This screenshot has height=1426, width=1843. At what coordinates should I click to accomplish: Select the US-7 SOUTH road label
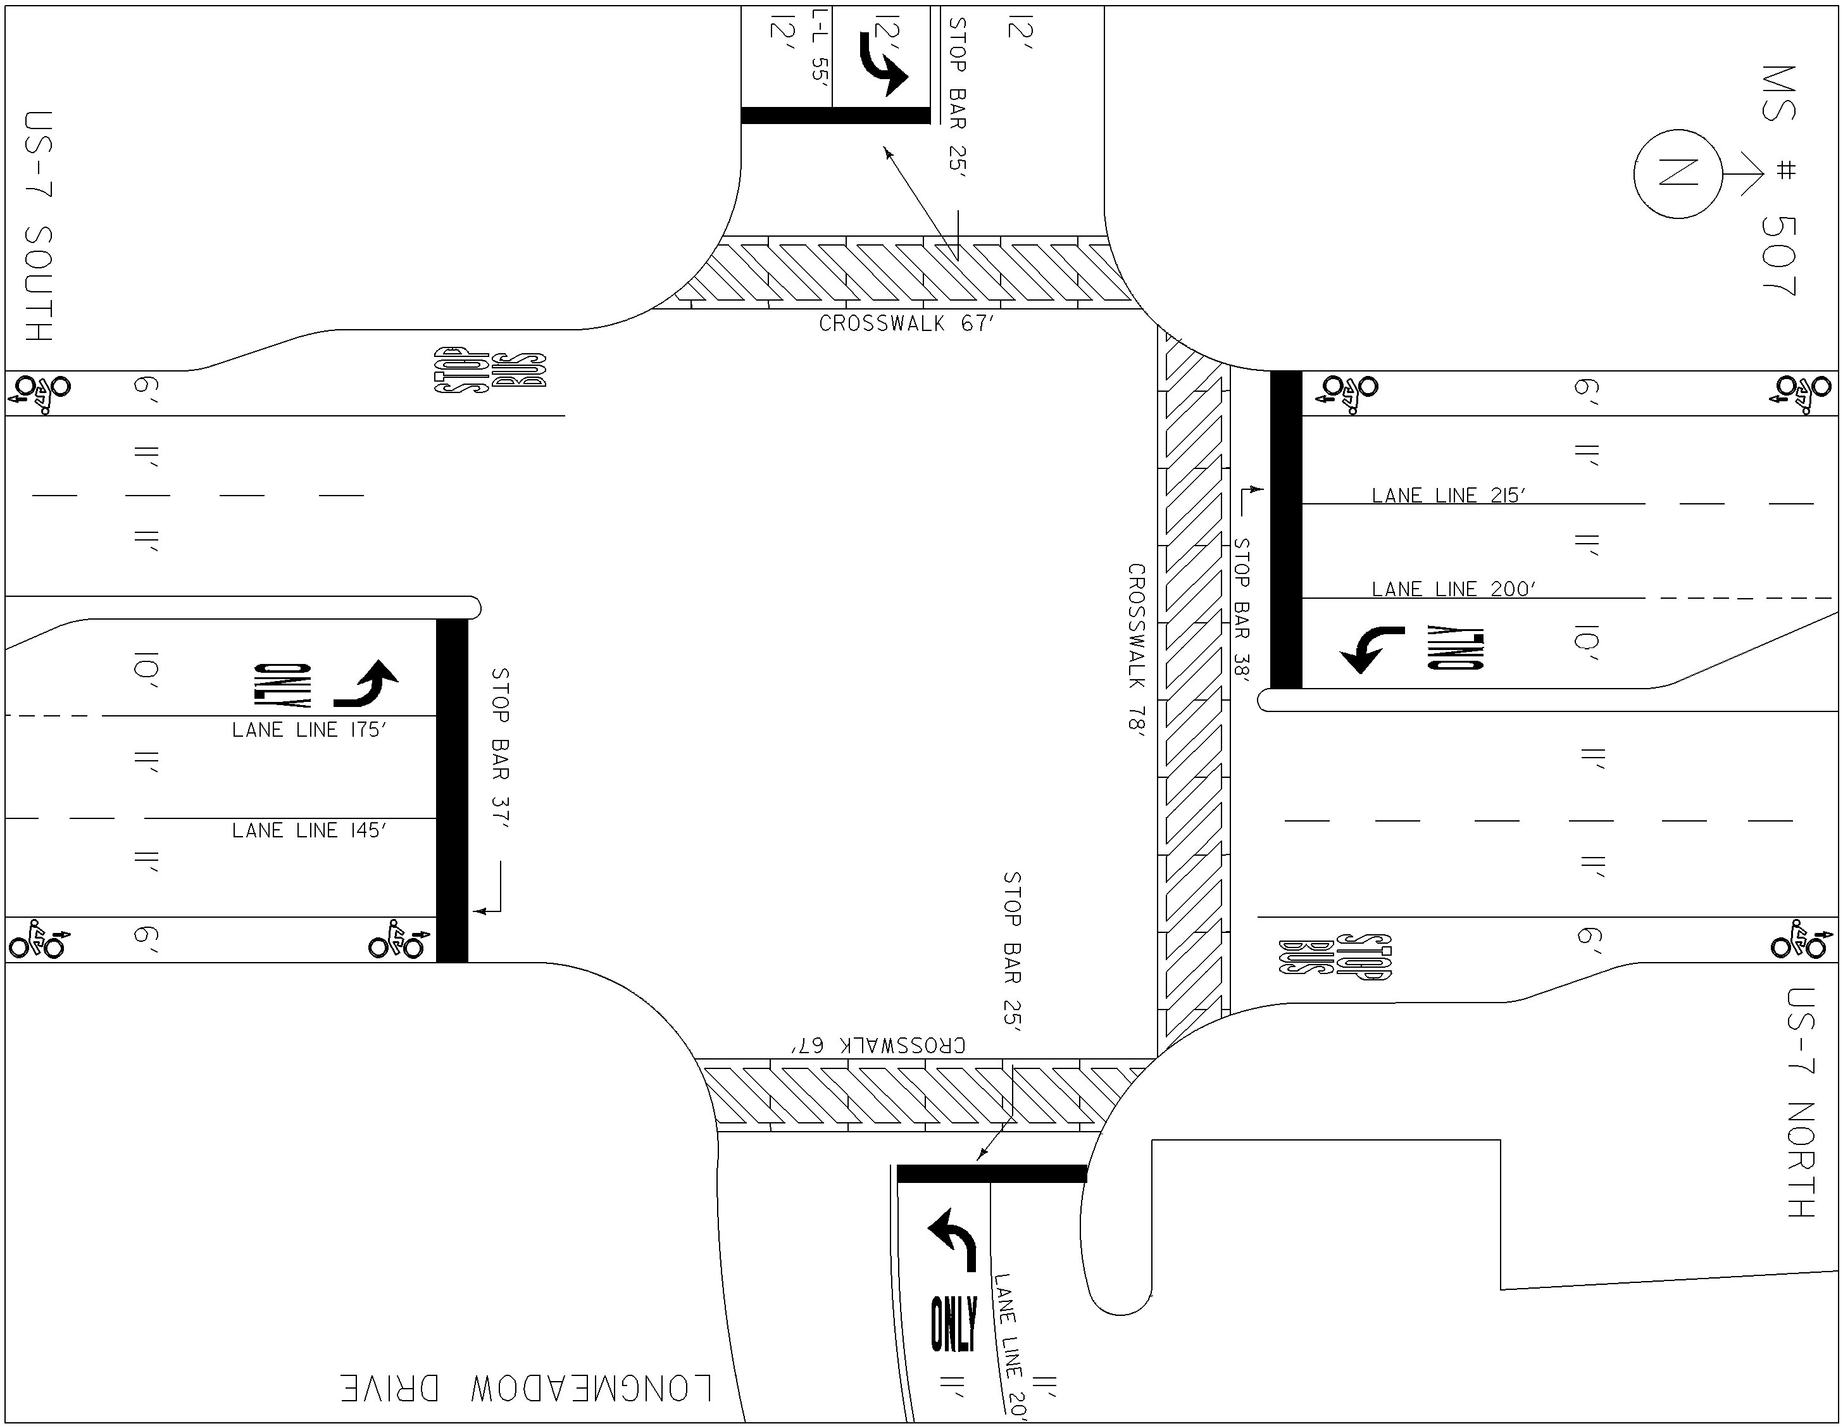coord(39,226)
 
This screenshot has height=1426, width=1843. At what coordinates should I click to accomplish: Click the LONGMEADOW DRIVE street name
coord(527,1388)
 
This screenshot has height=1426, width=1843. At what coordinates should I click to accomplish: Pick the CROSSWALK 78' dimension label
coord(1137,651)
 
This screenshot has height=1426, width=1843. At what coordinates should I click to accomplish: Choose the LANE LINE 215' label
coord(1449,496)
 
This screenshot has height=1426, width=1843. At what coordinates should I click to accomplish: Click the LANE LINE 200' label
coord(1453,589)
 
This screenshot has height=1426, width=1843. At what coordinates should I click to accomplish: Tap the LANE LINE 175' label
coord(309,730)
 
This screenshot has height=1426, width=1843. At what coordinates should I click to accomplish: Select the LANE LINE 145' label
coord(309,830)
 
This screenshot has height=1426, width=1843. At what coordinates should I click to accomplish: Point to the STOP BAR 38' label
coord(1241,608)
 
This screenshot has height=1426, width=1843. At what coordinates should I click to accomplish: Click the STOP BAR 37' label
coord(501,748)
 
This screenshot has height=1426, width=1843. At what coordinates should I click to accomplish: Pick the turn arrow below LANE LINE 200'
coord(1372,649)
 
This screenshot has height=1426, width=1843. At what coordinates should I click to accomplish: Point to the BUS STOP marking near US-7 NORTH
coord(1335,957)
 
